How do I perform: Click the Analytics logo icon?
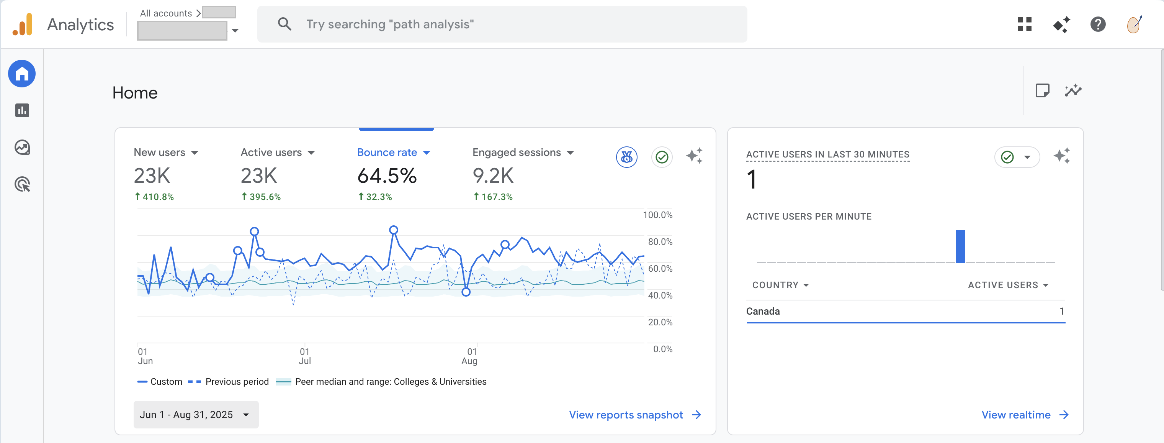(23, 25)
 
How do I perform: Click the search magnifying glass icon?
(284, 24)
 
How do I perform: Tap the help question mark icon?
(1098, 24)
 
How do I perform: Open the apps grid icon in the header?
(1024, 24)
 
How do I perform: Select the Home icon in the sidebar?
(22, 74)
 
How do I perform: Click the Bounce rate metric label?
(387, 153)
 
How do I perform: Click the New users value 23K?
(152, 176)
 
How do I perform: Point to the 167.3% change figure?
(496, 197)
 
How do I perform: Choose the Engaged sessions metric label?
(517, 153)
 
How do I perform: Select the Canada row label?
(763, 312)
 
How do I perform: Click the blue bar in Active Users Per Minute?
(960, 246)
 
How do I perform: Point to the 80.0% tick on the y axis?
(660, 242)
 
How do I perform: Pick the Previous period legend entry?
(236, 382)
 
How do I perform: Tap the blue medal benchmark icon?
(626, 157)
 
